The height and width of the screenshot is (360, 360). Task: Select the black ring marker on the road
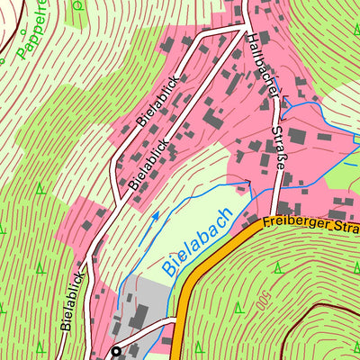tap(115, 351)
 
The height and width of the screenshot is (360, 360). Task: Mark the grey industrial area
tap(144, 306)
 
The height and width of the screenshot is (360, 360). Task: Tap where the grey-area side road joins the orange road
tap(177, 319)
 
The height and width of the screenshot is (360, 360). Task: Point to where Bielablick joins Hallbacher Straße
tap(244, 27)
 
